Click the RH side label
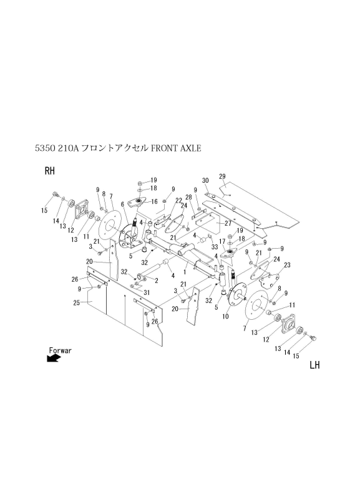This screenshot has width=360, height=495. click(51, 171)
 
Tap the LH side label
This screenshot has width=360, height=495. click(314, 365)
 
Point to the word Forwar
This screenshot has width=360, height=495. click(61, 350)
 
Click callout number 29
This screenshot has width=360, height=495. click(222, 177)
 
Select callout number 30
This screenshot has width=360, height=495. click(205, 181)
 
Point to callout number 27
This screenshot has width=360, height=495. click(228, 223)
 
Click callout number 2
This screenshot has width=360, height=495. click(156, 281)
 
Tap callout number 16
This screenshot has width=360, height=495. click(153, 202)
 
